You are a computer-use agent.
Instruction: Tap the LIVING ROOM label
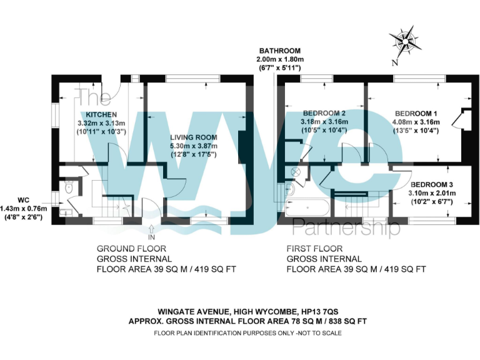193,137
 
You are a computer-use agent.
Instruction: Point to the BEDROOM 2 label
324,112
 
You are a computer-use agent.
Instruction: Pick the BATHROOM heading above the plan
281,51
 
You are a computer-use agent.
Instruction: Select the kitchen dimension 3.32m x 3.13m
101,123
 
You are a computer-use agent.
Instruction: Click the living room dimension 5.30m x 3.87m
193,146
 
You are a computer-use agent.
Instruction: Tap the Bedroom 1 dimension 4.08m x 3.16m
416,122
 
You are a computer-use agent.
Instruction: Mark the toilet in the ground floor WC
69,187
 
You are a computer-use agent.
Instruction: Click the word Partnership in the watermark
346,227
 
